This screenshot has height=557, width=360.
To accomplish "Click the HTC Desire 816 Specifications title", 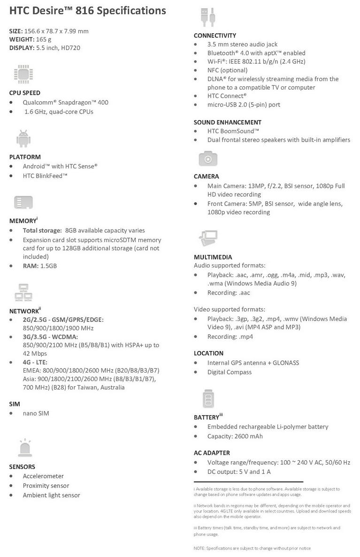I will click(x=87, y=10).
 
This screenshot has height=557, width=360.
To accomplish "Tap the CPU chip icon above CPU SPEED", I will click(x=23, y=74).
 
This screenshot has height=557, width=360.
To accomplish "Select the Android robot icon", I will click(x=23, y=138).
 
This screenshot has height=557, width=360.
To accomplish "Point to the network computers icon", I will click(x=23, y=293).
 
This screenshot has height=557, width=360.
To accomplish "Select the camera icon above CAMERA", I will click(x=208, y=159).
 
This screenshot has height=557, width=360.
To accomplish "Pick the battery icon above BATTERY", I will click(x=208, y=399).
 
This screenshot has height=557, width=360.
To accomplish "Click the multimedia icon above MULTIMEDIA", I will click(x=208, y=239).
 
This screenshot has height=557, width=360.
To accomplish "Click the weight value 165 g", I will click(x=44, y=39).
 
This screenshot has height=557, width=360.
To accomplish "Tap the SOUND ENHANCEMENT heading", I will click(x=227, y=122).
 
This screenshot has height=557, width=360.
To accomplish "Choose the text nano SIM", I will click(x=36, y=413).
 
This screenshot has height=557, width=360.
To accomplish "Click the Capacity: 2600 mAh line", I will click(x=235, y=436).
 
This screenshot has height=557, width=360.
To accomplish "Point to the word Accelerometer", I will click(x=43, y=476).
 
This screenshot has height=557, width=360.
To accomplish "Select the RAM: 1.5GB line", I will click(x=39, y=266).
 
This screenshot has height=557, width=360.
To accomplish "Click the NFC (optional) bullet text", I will click(x=227, y=70).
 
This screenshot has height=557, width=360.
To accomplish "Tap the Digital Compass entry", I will click(x=229, y=372).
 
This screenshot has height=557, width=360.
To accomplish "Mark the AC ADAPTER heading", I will click(x=212, y=453).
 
